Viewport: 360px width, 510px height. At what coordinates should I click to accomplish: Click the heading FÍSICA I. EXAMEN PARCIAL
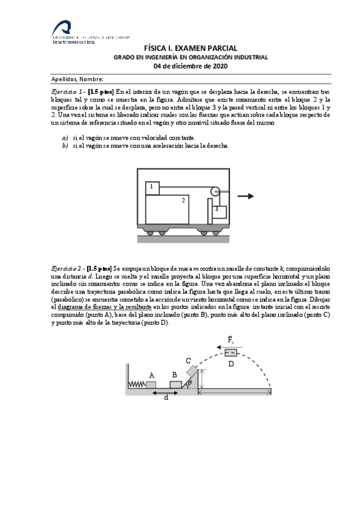click(x=191, y=48)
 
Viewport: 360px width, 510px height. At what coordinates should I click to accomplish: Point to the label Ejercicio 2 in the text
click(x=67, y=266)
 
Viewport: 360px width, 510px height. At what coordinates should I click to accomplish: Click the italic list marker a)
click(x=65, y=138)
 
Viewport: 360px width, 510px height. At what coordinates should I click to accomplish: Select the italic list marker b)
click(x=65, y=145)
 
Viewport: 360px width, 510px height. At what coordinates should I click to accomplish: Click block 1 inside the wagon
click(x=152, y=188)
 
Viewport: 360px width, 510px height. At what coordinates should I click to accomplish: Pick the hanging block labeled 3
click(x=218, y=211)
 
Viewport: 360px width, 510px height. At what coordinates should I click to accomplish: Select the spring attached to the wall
click(x=138, y=384)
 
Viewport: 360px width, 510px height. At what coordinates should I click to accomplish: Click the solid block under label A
click(x=151, y=385)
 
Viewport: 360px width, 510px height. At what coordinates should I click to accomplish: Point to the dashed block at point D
click(x=231, y=352)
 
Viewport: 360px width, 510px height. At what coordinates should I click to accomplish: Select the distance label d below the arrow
click(x=166, y=398)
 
